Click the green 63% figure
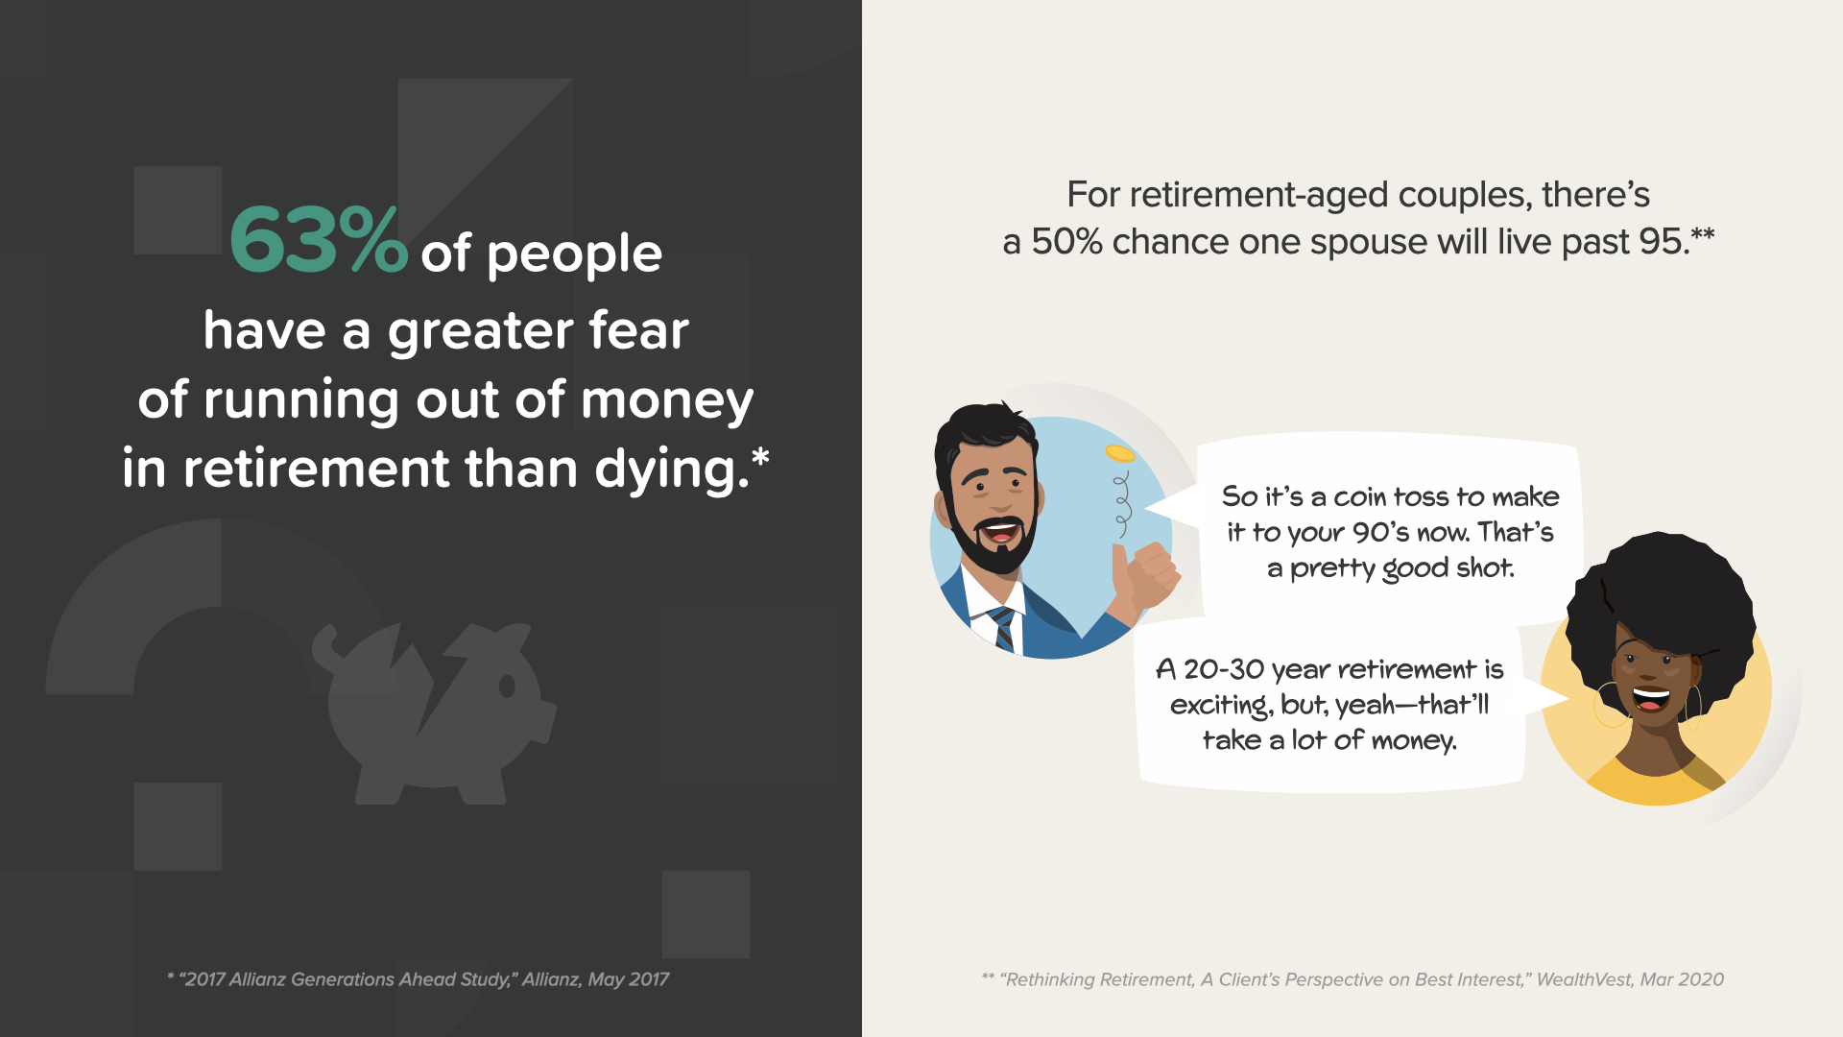point(319,240)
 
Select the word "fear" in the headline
point(638,330)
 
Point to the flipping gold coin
point(1119,452)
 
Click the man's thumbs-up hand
point(1144,577)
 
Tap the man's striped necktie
point(1002,628)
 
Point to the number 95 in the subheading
point(1660,242)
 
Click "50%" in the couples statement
point(1066,242)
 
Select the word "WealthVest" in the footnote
point(1583,979)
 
